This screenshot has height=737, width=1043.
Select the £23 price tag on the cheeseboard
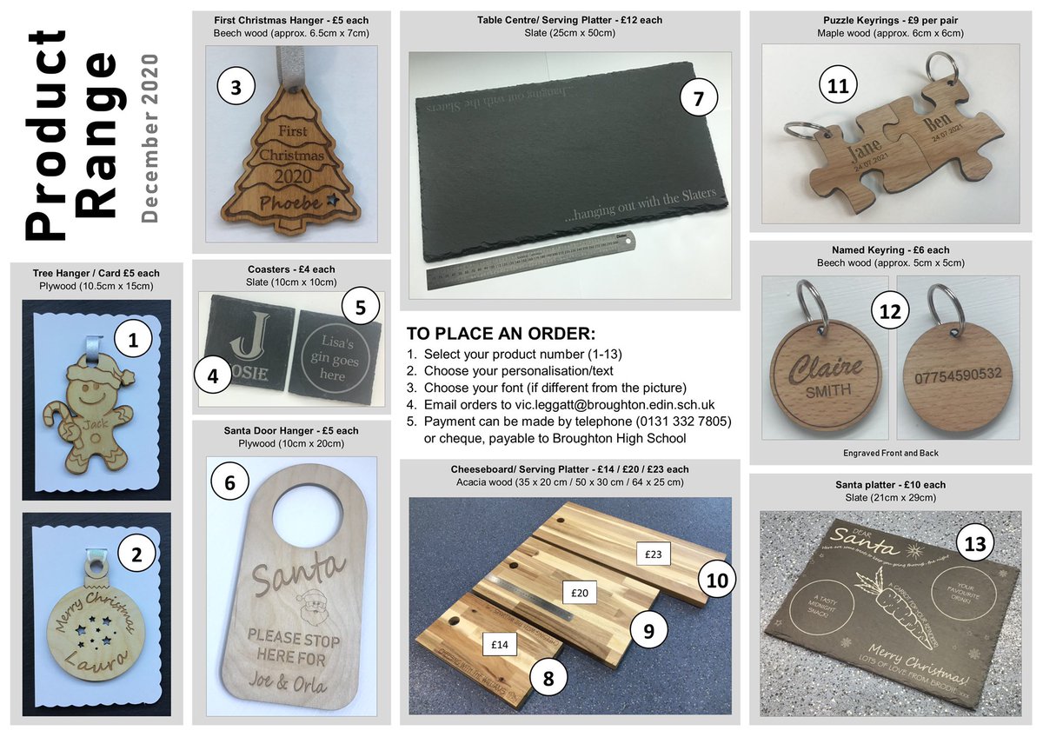(654, 552)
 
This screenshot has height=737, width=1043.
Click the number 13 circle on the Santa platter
(977, 543)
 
